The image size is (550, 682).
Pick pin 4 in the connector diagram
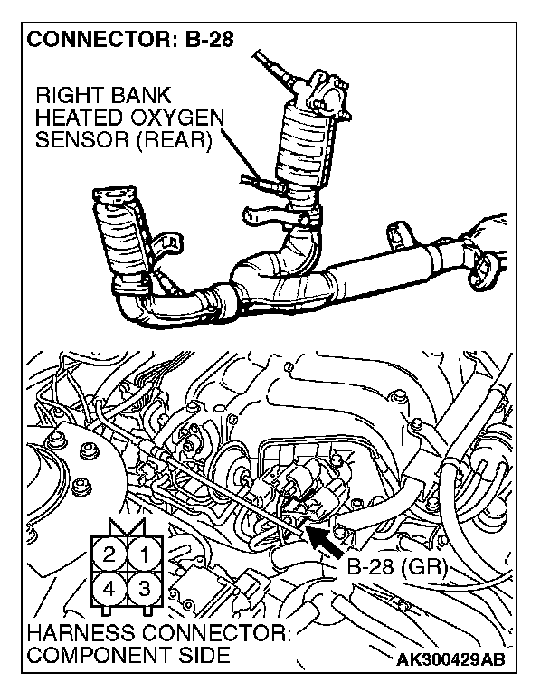109,587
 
